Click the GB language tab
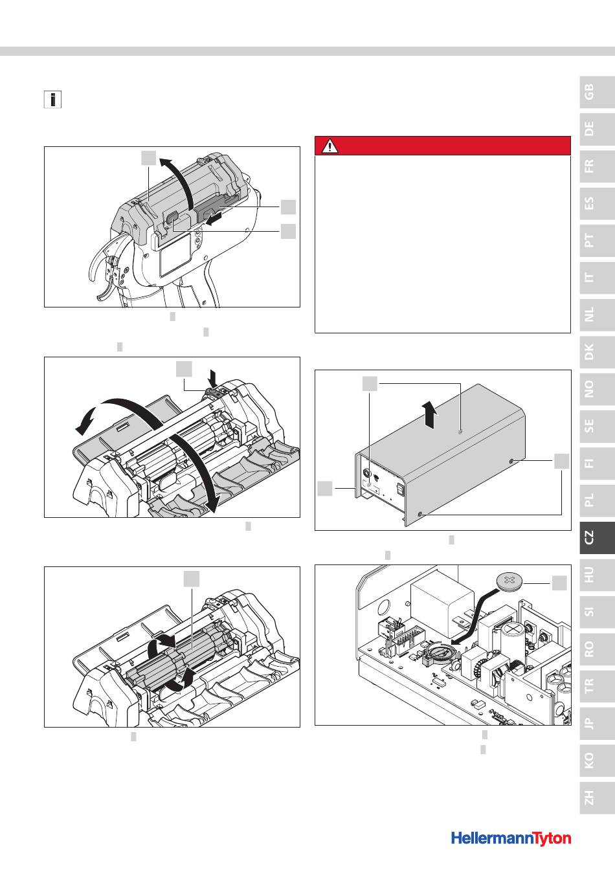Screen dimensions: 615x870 [597, 93]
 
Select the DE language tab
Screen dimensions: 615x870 [597, 129]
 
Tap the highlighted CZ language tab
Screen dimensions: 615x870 [597, 537]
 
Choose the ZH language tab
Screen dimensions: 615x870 [597, 797]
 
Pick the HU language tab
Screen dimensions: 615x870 [597, 575]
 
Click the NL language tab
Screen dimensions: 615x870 [597, 315]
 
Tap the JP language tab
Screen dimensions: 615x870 [597, 724]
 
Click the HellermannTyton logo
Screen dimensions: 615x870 [511, 839]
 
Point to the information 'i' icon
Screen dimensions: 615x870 [52, 100]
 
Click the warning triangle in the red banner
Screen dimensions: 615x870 [330, 146]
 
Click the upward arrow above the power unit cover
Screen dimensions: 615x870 [430, 415]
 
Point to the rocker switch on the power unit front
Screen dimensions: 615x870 [400, 489]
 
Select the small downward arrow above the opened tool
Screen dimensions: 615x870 [213, 378]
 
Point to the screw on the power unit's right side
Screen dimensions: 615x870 [511, 461]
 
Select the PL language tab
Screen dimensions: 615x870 [597, 500]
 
